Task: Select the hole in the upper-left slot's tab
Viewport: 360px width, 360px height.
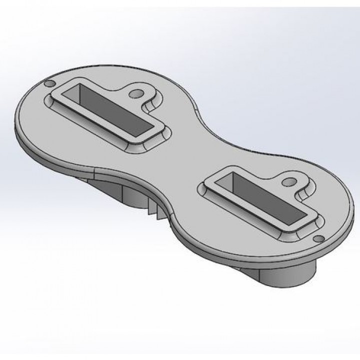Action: click(137, 92)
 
